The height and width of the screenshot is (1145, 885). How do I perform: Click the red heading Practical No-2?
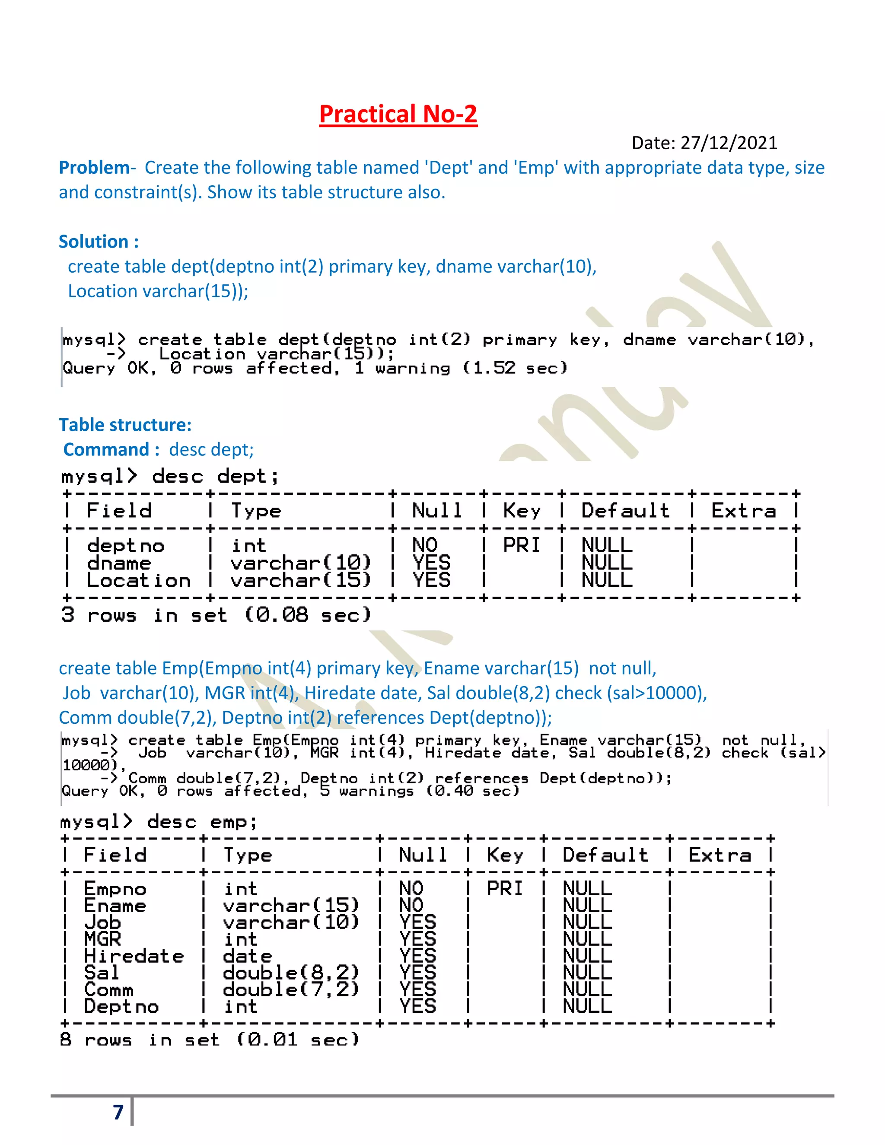(398, 114)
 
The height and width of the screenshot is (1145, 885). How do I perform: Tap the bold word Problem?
(94, 168)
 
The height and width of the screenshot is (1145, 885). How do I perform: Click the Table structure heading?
(125, 425)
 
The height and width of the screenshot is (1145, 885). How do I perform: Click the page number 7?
(118, 1112)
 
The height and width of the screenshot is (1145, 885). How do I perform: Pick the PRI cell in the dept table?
(521, 546)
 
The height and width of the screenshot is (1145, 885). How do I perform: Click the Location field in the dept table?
(138, 580)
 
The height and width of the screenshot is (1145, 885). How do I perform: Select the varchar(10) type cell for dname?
(300, 563)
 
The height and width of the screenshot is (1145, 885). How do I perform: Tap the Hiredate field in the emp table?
(134, 956)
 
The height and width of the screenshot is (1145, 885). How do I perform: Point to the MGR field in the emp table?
(102, 939)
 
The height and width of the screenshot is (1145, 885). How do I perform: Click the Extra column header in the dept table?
(743, 511)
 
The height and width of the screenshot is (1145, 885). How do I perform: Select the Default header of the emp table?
(605, 855)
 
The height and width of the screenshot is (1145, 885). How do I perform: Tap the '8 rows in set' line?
(210, 1039)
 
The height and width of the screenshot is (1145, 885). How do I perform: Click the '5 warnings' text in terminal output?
(366, 791)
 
